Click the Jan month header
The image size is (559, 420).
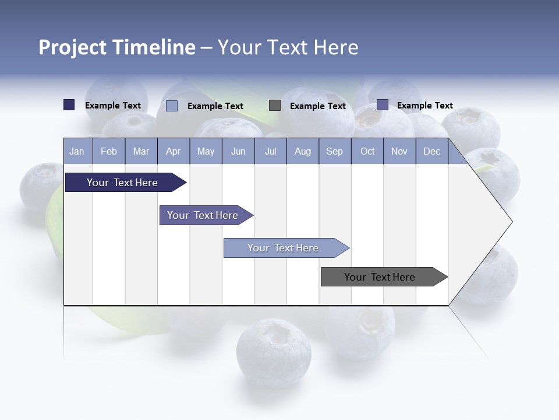click(x=77, y=152)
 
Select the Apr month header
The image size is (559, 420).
click(x=173, y=152)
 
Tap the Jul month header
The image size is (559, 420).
click(x=270, y=152)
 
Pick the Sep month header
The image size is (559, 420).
click(x=334, y=152)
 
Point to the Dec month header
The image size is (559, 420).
click(x=431, y=152)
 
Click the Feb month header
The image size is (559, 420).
click(x=109, y=152)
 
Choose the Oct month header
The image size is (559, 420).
click(x=367, y=152)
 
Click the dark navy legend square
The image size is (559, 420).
click(x=69, y=105)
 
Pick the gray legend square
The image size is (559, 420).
click(x=275, y=106)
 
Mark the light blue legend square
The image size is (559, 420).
click(x=172, y=106)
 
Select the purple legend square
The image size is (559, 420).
click(x=383, y=105)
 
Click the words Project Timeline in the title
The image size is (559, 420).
click(x=116, y=47)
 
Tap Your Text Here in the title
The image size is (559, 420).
click(x=288, y=47)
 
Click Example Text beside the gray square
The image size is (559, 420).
click(x=317, y=106)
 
